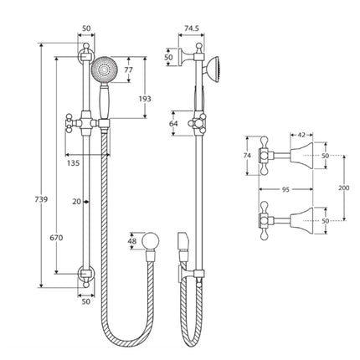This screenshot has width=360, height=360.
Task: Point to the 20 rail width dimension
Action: (x=75, y=201)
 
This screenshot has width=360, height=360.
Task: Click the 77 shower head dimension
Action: (x=128, y=72)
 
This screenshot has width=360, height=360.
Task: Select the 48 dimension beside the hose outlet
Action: (x=132, y=242)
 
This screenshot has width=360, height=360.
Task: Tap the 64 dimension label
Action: (x=172, y=124)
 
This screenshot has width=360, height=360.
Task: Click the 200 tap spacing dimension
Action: (x=343, y=188)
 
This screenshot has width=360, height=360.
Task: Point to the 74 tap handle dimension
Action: (x=248, y=156)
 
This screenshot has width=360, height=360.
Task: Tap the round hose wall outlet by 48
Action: (x=151, y=243)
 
